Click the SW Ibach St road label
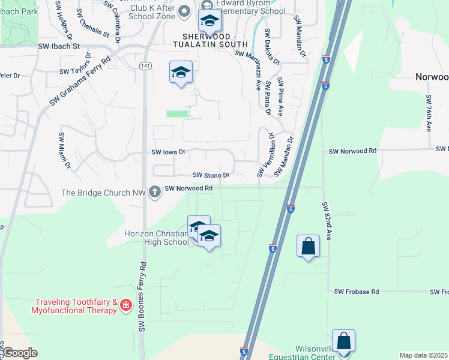[59, 46]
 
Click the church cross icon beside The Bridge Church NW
[155, 191]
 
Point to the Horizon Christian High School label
[156, 238]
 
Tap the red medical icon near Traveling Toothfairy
[126, 305]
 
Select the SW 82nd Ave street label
[327, 221]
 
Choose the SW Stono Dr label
[211, 175]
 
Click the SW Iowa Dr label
[170, 152]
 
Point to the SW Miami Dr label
[64, 150]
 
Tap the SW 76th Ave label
[429, 113]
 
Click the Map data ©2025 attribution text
[423, 355]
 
